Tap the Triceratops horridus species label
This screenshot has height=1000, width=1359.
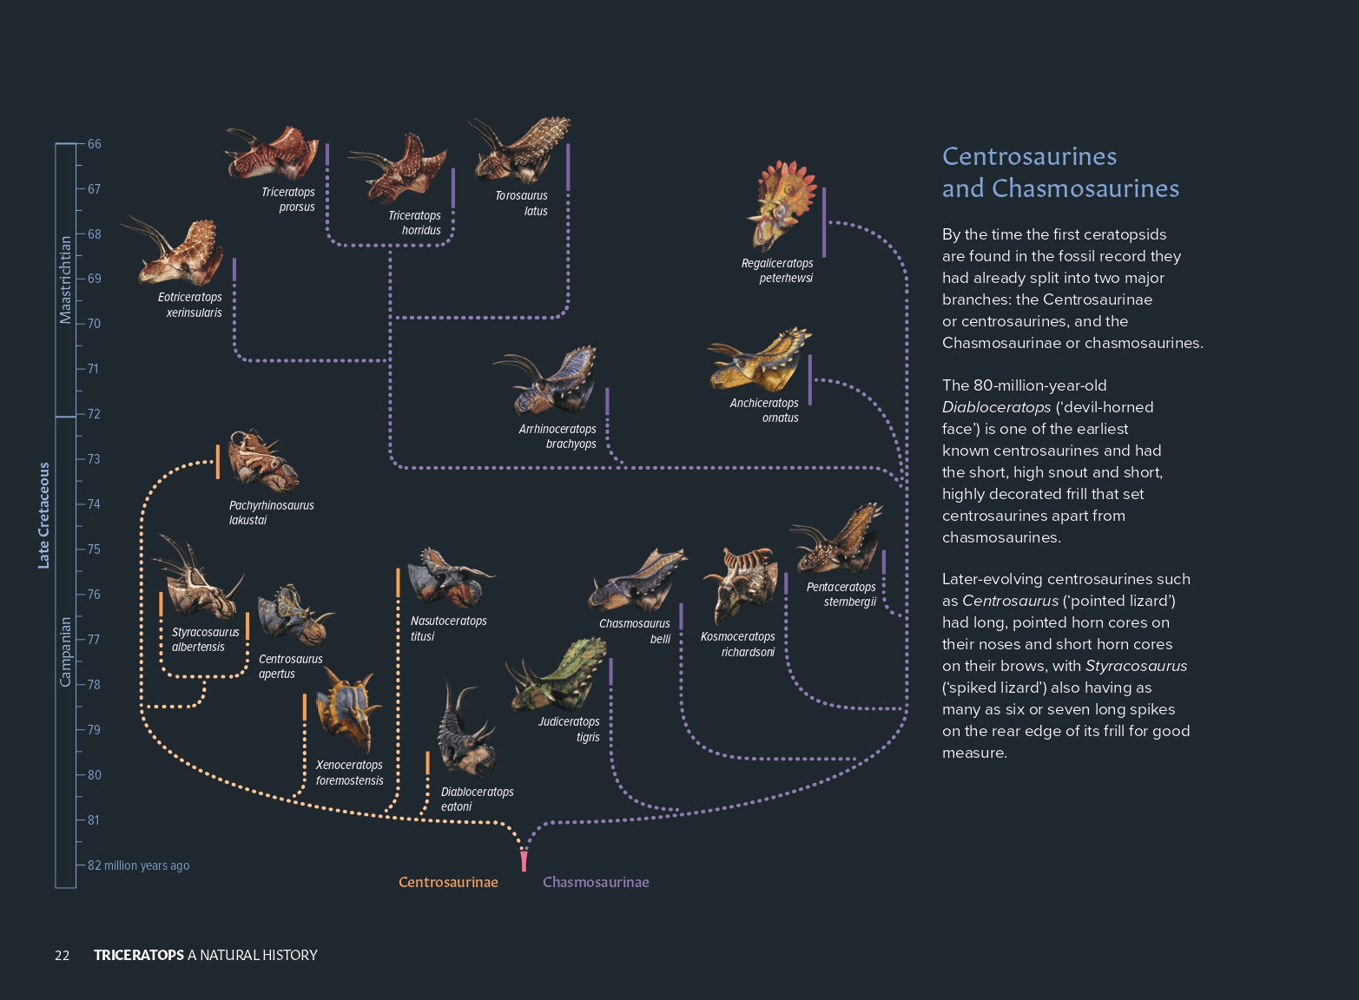tap(414, 223)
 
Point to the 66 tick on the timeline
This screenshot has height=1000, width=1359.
tap(94, 144)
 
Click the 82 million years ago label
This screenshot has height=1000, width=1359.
tap(138, 865)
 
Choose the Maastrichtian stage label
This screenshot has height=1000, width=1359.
tap(65, 280)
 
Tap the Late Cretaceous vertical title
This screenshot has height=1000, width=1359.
tap(44, 516)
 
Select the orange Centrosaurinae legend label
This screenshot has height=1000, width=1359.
tap(448, 882)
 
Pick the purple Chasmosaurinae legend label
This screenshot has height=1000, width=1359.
tap(596, 882)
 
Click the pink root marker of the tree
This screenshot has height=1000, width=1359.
tap(524, 861)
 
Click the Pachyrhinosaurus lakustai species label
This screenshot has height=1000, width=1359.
tap(271, 513)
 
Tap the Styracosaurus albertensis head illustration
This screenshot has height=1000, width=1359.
tap(198, 582)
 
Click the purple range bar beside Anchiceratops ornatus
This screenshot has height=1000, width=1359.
tap(810, 379)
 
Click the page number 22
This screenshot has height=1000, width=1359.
tap(62, 956)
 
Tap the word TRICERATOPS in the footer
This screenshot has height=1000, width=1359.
tap(139, 956)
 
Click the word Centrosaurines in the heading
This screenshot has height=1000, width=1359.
tap(1029, 156)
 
